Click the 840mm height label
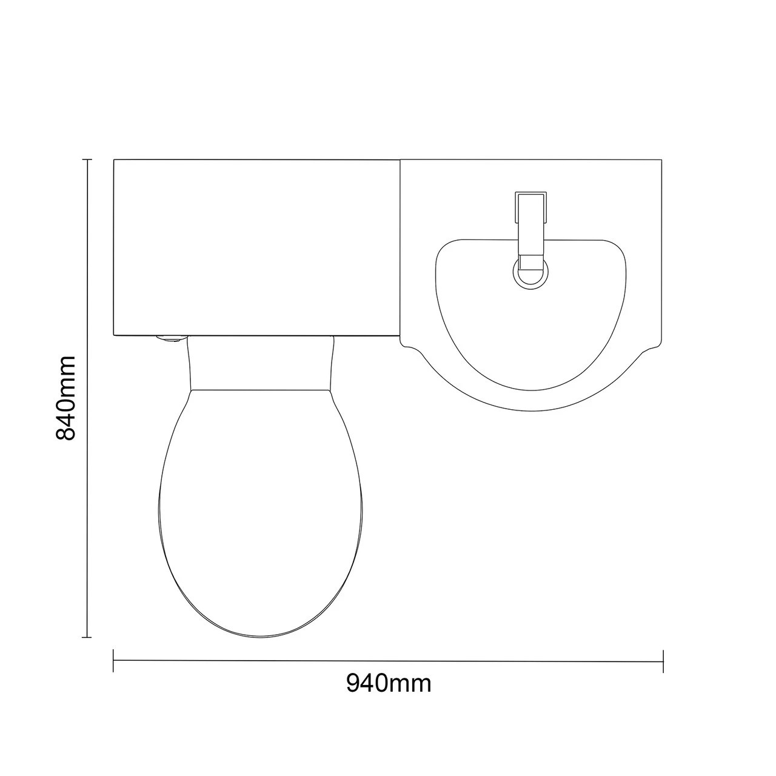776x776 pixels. [65, 398]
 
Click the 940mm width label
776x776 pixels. [389, 683]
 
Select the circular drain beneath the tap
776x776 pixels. [531, 270]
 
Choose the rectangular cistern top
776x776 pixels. [256, 247]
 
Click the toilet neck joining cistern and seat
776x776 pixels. [261, 363]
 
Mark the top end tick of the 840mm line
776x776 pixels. [87, 159]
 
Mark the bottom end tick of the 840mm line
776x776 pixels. [87, 637]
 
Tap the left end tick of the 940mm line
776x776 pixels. [113, 661]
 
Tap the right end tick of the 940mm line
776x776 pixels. [663, 661]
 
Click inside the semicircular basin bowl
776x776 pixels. [531, 327]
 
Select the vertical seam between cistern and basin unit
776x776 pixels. [400, 249]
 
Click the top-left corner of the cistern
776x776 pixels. [115, 160]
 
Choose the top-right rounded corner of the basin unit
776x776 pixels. [658, 163]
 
